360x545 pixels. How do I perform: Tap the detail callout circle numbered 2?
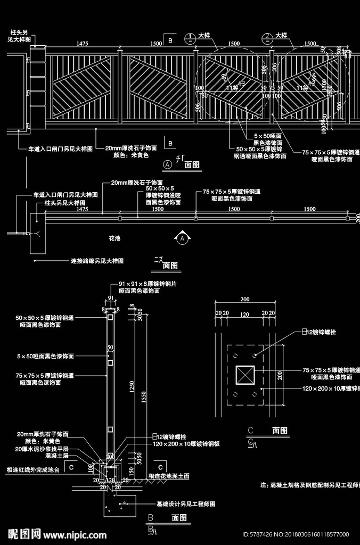[x=267, y=38]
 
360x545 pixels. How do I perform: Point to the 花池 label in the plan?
[x=114, y=238]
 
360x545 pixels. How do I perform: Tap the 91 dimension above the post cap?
[x=111, y=298]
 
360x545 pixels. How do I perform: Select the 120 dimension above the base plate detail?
[x=244, y=315]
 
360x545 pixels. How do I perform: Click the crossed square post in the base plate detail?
[x=244, y=375]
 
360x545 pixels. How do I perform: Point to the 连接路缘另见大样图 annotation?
[x=97, y=261]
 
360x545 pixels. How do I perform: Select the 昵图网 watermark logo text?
[x=24, y=533]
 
